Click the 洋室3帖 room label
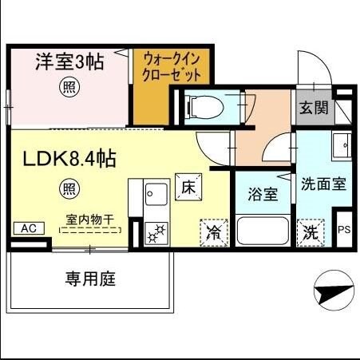coord(69,63)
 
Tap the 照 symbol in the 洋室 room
coord(69,89)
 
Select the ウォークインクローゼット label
coord(172,66)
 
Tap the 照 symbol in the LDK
coord(69,189)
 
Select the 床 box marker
coord(188,187)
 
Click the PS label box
coord(344,230)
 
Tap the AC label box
coord(26,228)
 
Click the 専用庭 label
coord(90,279)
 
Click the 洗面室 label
coord(322,183)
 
